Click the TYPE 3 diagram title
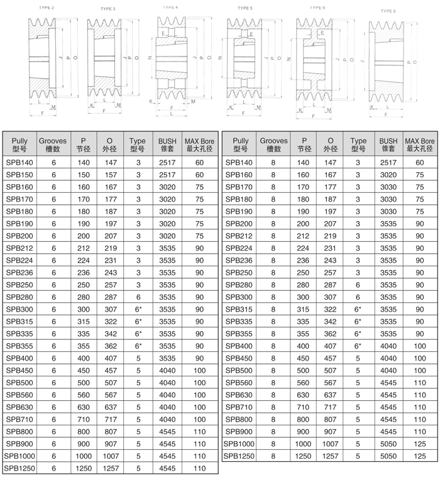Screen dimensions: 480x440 (107, 9)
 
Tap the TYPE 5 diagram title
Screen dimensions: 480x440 (245, 9)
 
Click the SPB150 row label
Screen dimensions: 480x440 (19, 174)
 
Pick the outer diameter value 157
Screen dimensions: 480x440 (111, 174)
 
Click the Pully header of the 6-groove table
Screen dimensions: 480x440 (19, 145)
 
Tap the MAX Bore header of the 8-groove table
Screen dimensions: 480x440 (419, 145)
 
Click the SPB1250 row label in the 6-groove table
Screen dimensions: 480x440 (19, 468)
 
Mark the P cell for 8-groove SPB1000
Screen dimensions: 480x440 (304, 444)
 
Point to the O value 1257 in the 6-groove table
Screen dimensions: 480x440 (111, 468)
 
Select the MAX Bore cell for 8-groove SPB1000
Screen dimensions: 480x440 (419, 444)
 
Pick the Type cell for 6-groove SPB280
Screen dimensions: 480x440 (138, 297)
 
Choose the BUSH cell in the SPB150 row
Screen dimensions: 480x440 (168, 174)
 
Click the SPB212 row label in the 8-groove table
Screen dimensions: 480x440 (238, 236)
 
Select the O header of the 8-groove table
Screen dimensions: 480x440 (330, 145)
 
